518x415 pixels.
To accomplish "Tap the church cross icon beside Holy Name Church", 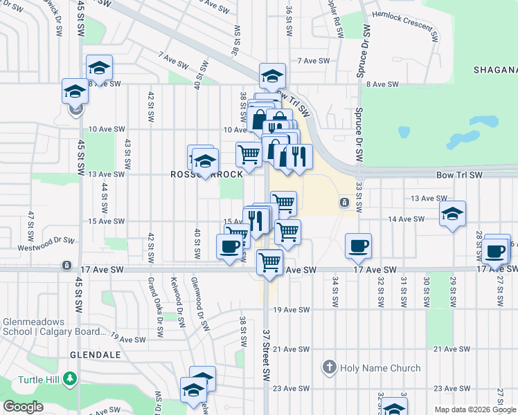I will point(330,367).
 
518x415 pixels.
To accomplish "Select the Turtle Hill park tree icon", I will point(69,378).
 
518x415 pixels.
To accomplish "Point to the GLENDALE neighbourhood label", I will point(96,354).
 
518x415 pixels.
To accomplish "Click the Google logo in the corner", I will point(24,407).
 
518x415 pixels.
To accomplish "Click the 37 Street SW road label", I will point(266,353).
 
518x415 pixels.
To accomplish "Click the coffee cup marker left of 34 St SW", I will point(358,246).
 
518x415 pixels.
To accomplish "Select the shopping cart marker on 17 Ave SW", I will point(269,263).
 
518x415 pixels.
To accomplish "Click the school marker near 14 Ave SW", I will point(452,214).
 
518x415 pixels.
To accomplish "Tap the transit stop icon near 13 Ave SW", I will point(343,202).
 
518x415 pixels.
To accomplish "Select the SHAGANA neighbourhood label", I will point(495,70).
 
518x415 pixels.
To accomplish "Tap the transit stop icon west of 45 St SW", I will point(66,265).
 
